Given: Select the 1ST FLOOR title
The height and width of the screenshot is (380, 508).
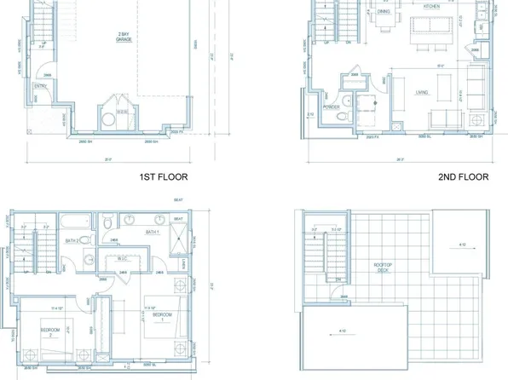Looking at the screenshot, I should coord(163,178).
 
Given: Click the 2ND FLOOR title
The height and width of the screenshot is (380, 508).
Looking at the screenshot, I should coord(463,178).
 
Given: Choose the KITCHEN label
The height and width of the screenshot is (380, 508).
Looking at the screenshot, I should coord(431,5).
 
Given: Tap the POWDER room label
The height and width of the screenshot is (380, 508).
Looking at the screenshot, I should coord(332,107).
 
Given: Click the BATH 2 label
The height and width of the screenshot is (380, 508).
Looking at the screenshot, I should coord(72,241).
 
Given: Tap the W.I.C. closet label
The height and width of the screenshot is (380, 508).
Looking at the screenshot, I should coord(123,259).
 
